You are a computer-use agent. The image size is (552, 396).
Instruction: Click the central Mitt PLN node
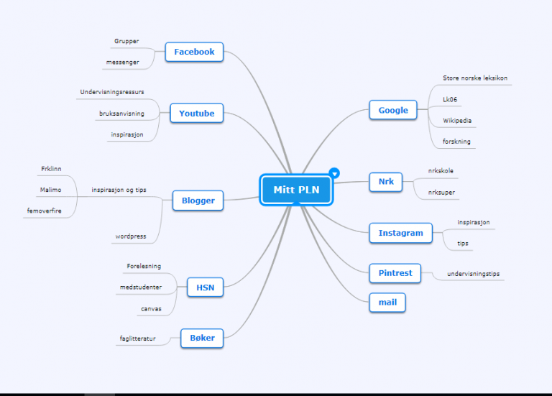point(296,190)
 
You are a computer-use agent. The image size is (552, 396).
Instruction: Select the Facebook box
point(194,52)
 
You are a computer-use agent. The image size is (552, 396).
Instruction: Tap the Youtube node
point(196,113)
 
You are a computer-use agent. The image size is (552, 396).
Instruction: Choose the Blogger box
point(198,201)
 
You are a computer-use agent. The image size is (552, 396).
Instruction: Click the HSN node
point(206,287)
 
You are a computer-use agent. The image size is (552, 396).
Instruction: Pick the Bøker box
point(202,338)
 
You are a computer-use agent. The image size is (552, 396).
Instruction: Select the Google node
point(393,110)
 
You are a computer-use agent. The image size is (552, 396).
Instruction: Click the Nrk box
point(386,182)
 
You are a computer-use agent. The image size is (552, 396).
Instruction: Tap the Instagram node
point(400,233)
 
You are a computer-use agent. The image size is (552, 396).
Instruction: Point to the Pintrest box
point(395,273)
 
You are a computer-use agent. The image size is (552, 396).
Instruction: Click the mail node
point(387,303)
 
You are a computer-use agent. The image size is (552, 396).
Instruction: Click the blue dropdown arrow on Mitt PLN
point(334,173)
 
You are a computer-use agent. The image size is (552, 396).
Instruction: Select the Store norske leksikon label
point(475,78)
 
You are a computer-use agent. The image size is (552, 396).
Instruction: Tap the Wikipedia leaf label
point(457,121)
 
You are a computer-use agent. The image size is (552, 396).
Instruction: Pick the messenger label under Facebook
point(122,63)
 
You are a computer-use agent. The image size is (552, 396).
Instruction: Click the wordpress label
point(131,236)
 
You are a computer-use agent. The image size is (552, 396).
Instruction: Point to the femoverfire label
point(44,211)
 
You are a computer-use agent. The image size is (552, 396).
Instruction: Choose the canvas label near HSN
point(151,309)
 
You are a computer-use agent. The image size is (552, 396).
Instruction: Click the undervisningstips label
point(473,274)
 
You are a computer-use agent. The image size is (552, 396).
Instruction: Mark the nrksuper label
point(441,192)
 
